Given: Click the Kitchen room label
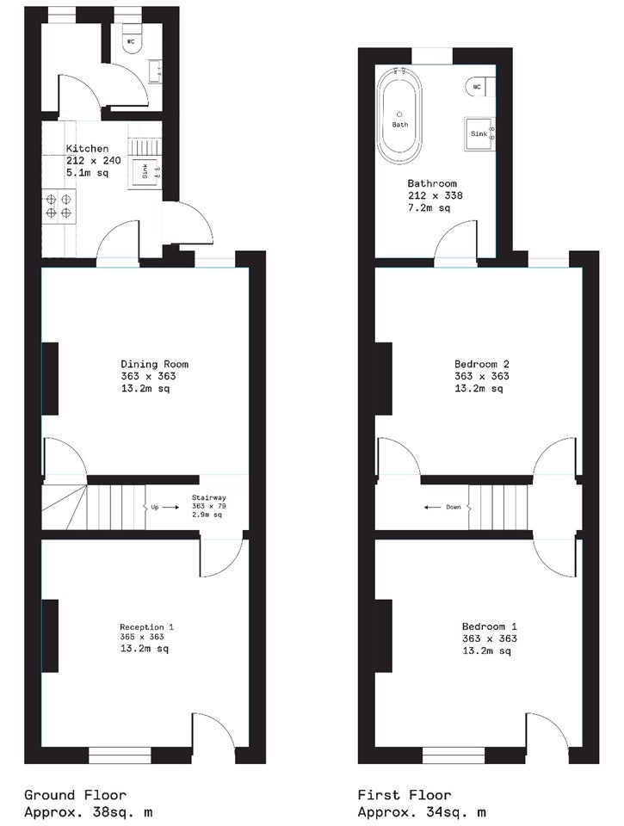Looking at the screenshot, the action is point(87,149).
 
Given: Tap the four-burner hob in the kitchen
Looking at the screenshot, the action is point(59,206).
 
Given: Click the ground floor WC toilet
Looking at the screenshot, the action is point(132,41).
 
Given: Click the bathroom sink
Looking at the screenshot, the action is point(479,134).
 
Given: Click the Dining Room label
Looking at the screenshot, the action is point(154,364).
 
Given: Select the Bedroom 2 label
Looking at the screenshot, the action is point(482,364).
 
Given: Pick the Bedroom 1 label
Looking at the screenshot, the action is point(489,626).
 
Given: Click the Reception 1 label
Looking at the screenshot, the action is point(146,627).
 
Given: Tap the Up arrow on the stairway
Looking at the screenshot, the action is point(170,508).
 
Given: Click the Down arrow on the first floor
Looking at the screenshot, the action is point(433,508).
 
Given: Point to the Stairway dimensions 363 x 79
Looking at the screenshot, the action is point(208,506).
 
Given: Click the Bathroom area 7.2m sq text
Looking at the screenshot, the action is point(429,207).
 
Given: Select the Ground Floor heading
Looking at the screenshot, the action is point(76,795).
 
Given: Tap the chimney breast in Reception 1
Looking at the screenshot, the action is point(50,636).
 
